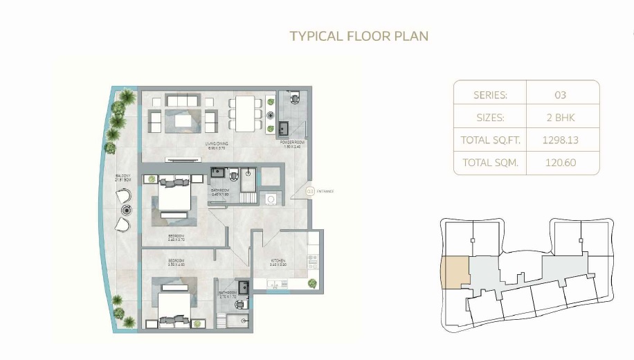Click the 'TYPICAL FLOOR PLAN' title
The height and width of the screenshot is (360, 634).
[359, 36]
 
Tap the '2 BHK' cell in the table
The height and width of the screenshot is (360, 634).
[563, 118]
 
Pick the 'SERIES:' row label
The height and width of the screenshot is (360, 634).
[490, 95]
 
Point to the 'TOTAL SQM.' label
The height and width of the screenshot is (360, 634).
[490, 163]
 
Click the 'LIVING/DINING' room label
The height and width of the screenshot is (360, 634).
[217, 143]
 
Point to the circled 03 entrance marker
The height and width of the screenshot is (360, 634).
[311, 191]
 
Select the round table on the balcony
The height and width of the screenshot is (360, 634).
[126, 210]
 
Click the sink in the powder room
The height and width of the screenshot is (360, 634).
[284, 127]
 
